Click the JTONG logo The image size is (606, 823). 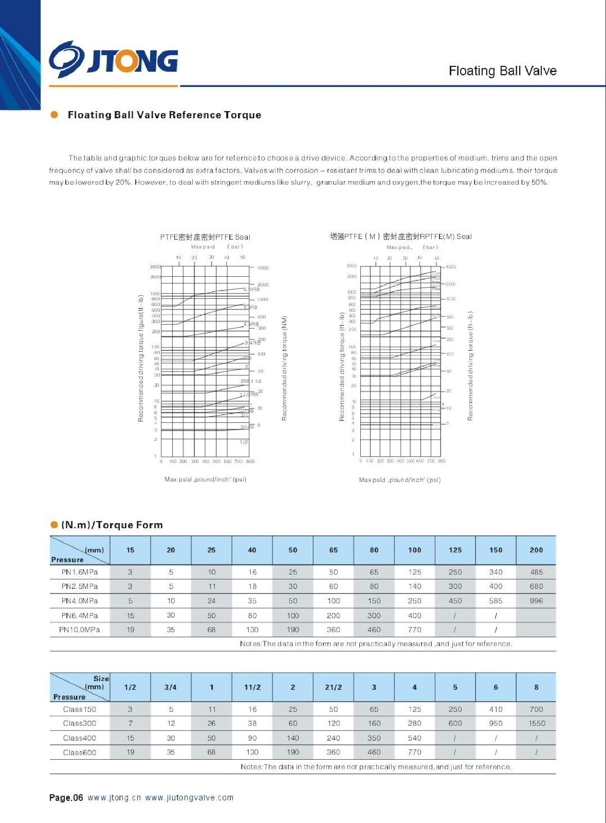pyautogui.click(x=114, y=60)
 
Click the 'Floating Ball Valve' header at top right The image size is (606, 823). pyautogui.click(x=502, y=71)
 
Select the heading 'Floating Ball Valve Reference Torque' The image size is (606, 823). pyautogui.click(x=164, y=115)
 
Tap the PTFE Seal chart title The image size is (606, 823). pyautogui.click(x=205, y=237)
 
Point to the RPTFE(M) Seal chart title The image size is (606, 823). pyautogui.click(x=400, y=237)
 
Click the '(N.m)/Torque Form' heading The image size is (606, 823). pyautogui.click(x=112, y=525)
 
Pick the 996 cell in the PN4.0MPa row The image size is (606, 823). pyautogui.click(x=536, y=601)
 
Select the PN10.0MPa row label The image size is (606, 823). pyautogui.click(x=80, y=630)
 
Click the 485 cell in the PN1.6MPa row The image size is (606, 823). pyautogui.click(x=536, y=572)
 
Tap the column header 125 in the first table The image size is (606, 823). pyautogui.click(x=455, y=550)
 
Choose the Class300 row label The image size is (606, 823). pyautogui.click(x=80, y=723)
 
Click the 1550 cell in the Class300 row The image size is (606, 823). pyautogui.click(x=537, y=723)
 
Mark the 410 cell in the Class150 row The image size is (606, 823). pyautogui.click(x=495, y=709)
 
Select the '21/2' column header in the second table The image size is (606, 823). pyautogui.click(x=333, y=687)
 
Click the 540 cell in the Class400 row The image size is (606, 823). pyautogui.click(x=414, y=738)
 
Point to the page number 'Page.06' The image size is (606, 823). pyautogui.click(x=66, y=798)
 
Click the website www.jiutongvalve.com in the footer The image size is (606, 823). pyautogui.click(x=189, y=798)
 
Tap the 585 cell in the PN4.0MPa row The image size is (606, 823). pyautogui.click(x=495, y=601)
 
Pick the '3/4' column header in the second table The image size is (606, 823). pyautogui.click(x=171, y=687)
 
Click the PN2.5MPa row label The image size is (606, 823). pyautogui.click(x=80, y=586)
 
